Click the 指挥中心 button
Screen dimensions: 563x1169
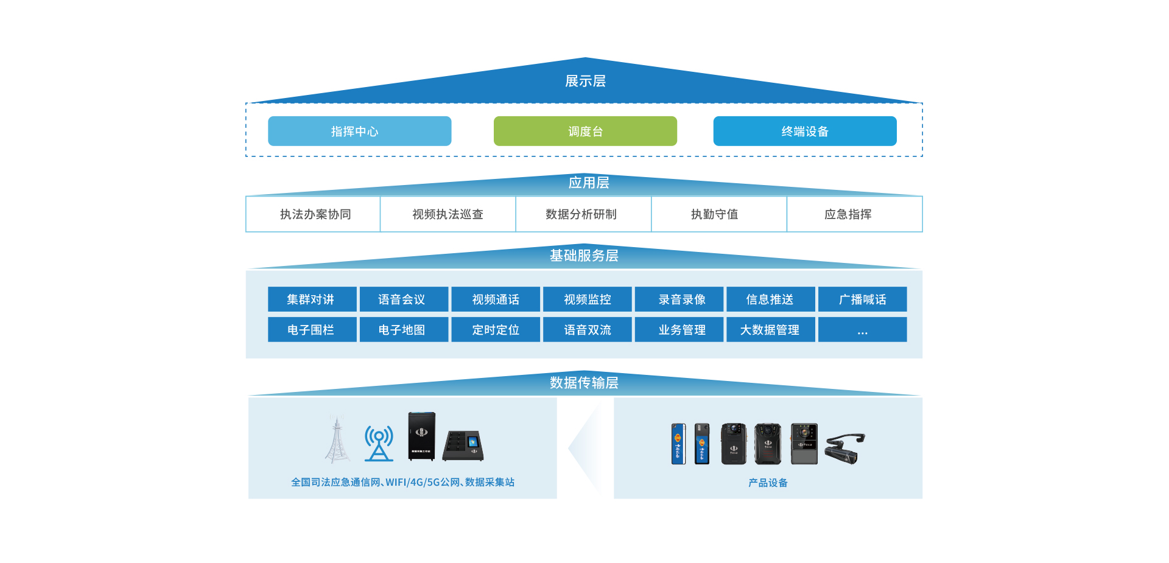359,131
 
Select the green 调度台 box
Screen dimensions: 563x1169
585,131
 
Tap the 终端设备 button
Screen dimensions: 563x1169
804,131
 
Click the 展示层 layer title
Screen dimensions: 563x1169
585,81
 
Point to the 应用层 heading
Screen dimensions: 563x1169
588,183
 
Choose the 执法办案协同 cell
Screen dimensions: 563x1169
315,214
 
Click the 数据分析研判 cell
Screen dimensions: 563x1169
581,214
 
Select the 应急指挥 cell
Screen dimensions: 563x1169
848,214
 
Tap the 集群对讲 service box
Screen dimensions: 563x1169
312,299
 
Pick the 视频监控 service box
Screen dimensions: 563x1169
587,299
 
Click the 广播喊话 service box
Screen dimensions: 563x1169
862,299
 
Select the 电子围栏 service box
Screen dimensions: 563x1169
312,330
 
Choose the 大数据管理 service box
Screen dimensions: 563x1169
770,330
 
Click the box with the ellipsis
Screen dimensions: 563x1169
862,330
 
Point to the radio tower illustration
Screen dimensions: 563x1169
337,439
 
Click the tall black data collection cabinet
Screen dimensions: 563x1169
421,436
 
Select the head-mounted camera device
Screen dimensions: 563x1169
844,449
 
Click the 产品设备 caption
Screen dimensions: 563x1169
768,483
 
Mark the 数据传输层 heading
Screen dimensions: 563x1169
584,382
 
